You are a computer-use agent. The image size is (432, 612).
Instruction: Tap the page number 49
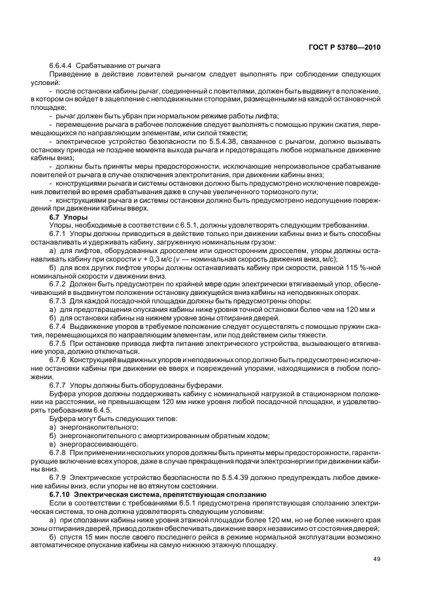pyautogui.click(x=377, y=558)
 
